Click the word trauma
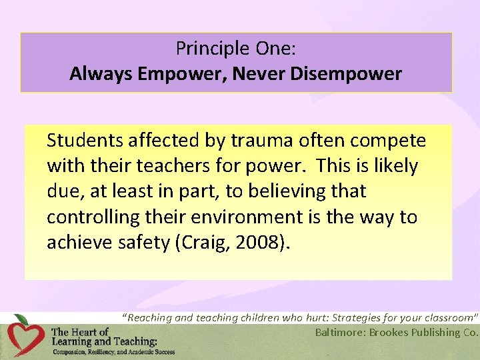[254, 141]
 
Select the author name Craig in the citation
[202, 242]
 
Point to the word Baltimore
[340, 333]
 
